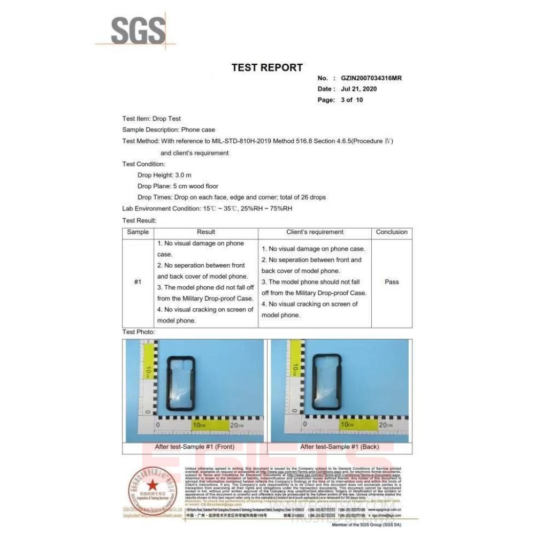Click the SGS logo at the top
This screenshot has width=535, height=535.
(136, 31)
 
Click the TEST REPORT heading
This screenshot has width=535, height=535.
(267, 67)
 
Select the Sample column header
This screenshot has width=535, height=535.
(137, 232)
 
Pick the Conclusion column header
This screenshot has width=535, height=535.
(392, 232)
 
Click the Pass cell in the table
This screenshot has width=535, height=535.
(392, 282)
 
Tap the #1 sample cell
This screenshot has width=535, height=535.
(137, 282)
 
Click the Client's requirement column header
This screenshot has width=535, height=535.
(315, 232)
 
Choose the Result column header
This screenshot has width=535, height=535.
(206, 232)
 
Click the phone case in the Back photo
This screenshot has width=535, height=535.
(328, 383)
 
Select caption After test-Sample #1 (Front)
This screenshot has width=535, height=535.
(194, 447)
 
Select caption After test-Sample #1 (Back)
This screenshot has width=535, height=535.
(340, 447)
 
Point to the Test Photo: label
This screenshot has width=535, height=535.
(139, 332)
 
